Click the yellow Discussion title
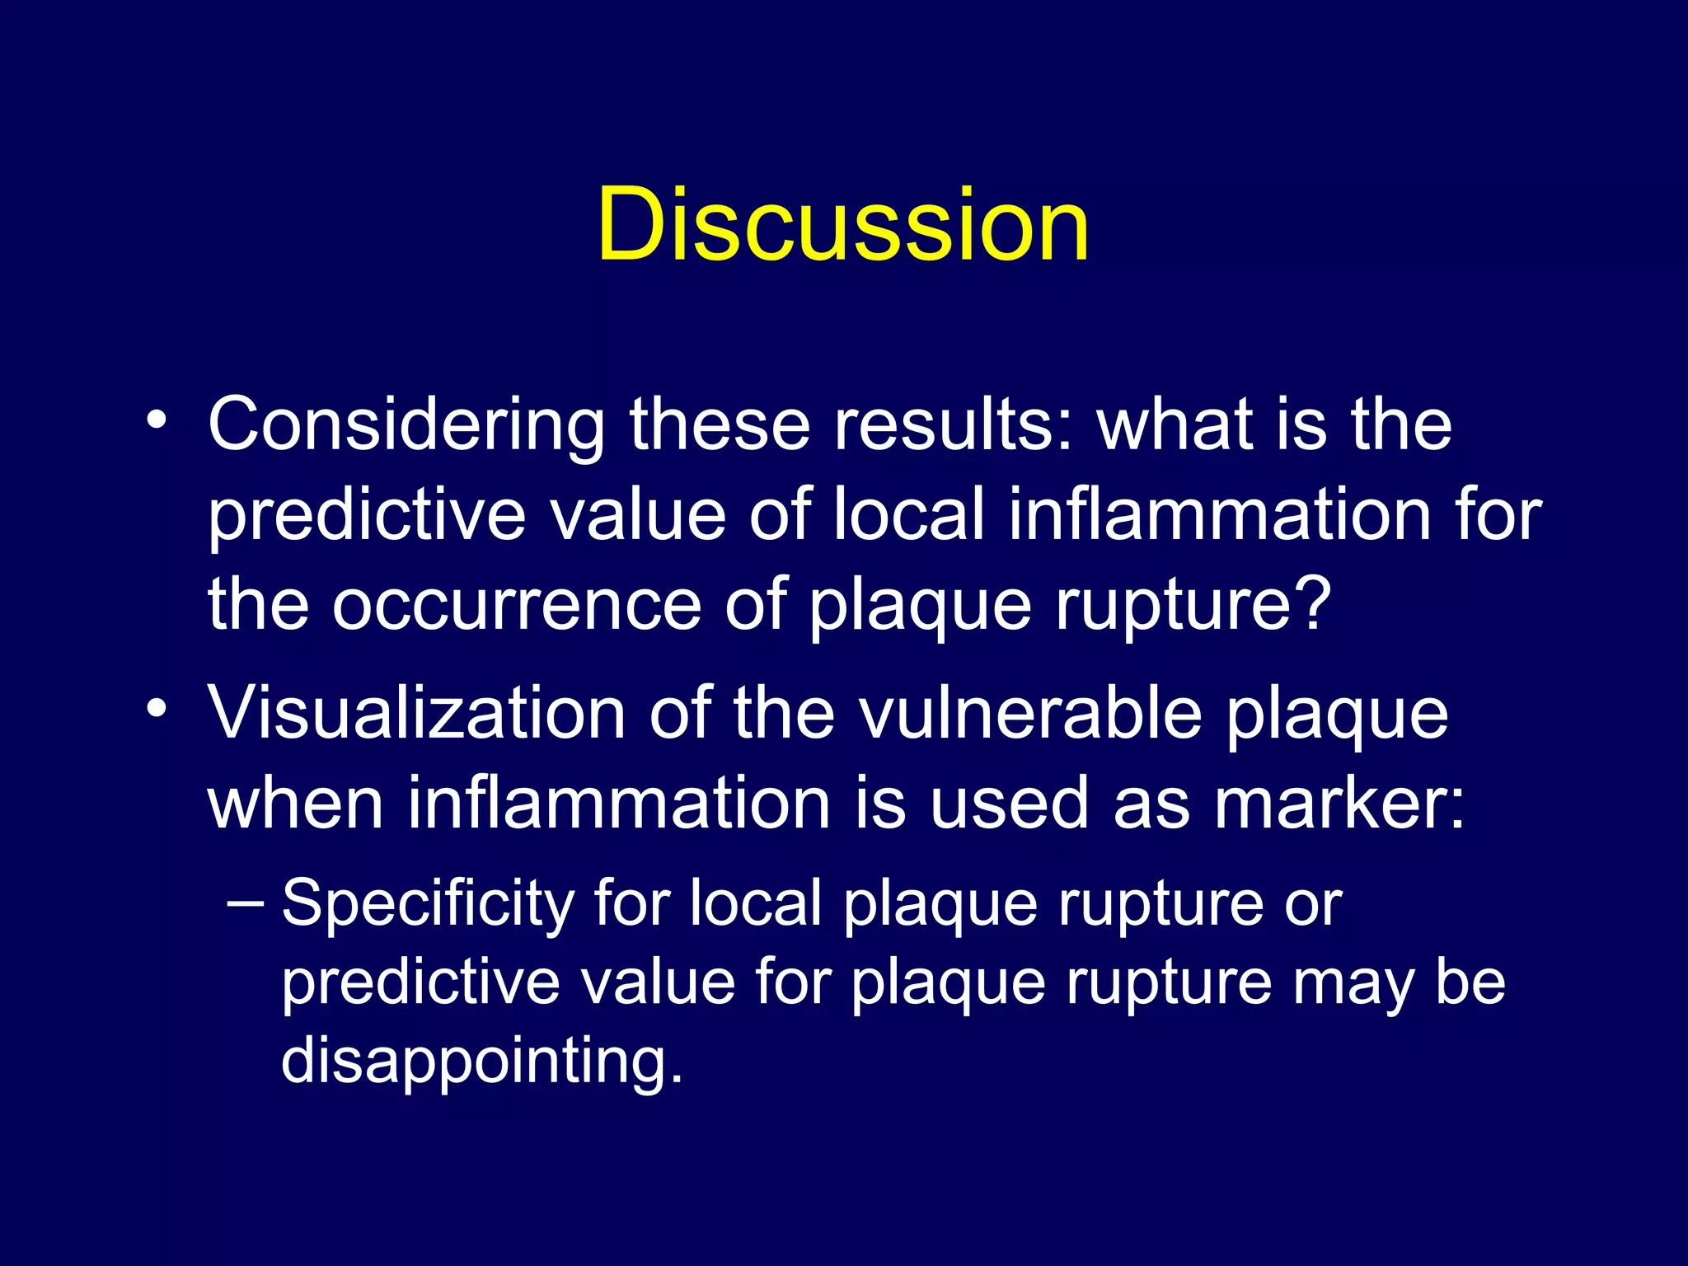(843, 224)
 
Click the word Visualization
(416, 713)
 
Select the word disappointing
(482, 1060)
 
